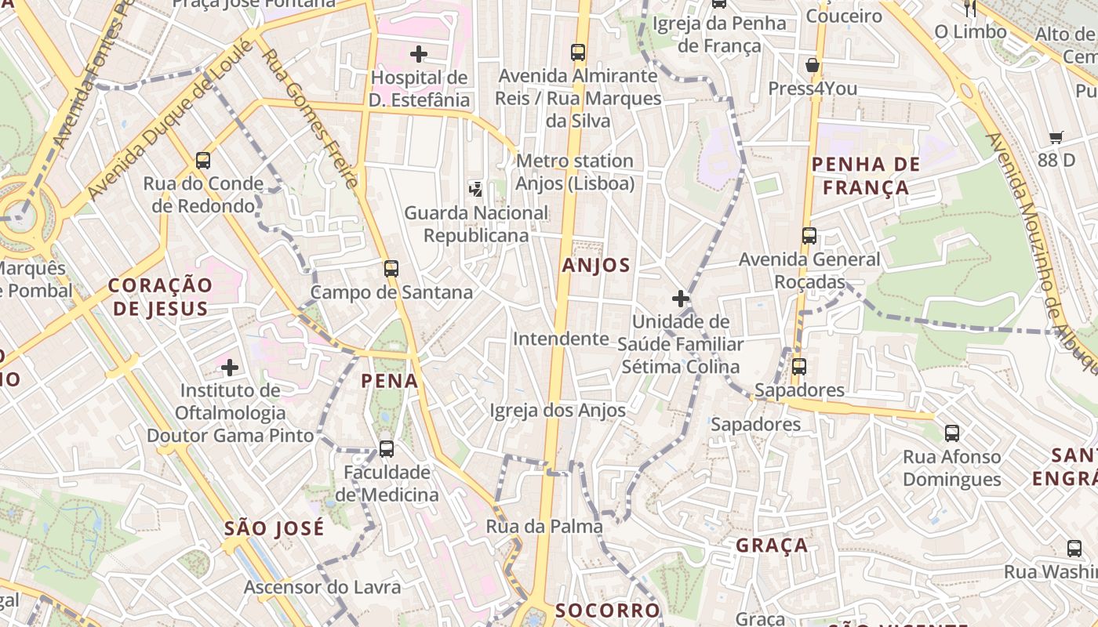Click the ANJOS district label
pos(596,266)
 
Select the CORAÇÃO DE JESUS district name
pos(161,296)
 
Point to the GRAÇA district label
pos(772,545)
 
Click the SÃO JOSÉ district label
pos(274,528)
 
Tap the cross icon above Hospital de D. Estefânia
pos(419,54)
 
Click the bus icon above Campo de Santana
pos(391,269)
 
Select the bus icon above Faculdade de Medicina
pos(386,449)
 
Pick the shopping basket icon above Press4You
pos(813,65)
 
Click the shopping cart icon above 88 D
pos(1056,138)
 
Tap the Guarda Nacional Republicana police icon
pos(475,188)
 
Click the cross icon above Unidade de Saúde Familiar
pos(680,299)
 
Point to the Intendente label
pos(561,339)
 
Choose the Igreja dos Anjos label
pos(558,411)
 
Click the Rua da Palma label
pos(544,527)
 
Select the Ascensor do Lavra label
pos(322,587)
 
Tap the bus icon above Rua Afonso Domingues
pos(952,433)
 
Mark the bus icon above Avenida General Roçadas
pos(809,235)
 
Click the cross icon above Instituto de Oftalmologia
pos(230,367)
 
